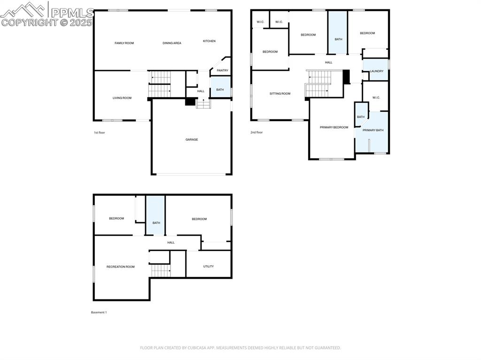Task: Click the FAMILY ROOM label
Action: point(124,43)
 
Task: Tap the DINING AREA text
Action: point(172,43)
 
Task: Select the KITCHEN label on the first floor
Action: point(209,41)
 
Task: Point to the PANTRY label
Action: point(222,71)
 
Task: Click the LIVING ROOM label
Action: point(122,98)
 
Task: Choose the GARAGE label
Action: point(191,139)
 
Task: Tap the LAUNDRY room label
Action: point(377,71)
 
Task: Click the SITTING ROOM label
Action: point(280,94)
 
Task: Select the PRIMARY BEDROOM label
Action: point(334,128)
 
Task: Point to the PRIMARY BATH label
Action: point(373,130)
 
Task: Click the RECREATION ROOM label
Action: point(120,267)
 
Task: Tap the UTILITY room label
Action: point(209,267)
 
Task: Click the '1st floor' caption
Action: point(100,133)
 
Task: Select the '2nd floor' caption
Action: point(256,133)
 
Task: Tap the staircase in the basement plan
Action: point(161,270)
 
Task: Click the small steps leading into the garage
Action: point(203,104)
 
